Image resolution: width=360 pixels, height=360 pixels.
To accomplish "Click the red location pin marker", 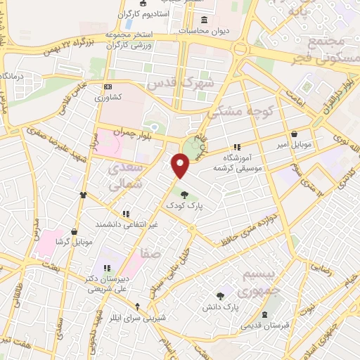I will [x=181, y=166].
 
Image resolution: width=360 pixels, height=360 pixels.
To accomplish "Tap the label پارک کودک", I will [x=184, y=205].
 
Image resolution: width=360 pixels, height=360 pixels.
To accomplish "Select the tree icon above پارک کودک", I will [x=184, y=195].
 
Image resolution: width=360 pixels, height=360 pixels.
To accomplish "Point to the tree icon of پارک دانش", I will [x=221, y=296].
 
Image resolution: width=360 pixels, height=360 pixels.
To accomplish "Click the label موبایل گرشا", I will [x=74, y=242].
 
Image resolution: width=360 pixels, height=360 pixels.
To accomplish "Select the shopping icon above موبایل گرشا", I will [x=74, y=231].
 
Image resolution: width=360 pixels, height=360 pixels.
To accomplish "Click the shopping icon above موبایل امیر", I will [x=293, y=134].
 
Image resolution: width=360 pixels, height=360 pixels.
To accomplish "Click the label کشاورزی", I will [x=109, y=97].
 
